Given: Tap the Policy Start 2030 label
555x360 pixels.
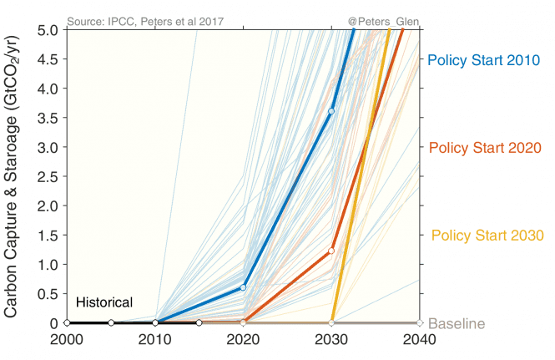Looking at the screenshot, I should [x=487, y=236].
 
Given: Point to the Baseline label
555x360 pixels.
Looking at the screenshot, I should [x=457, y=324].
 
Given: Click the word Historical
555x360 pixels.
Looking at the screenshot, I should [x=104, y=302].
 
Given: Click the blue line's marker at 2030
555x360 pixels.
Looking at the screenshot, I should [x=331, y=111].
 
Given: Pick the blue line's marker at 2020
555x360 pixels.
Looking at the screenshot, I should [x=243, y=287].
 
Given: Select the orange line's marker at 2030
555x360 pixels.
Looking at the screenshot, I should [x=331, y=251].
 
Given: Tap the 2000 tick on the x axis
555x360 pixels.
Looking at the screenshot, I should [x=66, y=341].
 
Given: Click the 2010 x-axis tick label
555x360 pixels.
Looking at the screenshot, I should [x=154, y=341].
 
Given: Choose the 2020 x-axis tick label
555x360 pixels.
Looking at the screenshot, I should [x=243, y=341].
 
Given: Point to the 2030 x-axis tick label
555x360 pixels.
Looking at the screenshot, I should [x=331, y=341].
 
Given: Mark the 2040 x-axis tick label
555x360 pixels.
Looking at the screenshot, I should [x=420, y=341].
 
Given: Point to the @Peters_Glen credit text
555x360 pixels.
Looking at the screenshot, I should [x=383, y=19].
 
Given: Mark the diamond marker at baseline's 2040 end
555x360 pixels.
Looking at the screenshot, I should [x=420, y=322].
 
